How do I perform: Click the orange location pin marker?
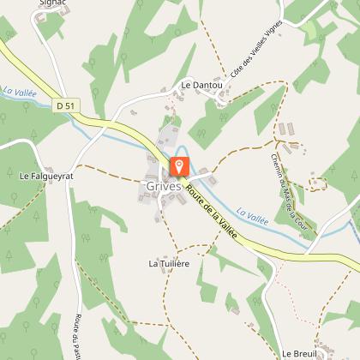pos(180,165)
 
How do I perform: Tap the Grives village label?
pos(163,186)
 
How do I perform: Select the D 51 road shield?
pos(63,105)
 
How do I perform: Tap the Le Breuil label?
pos(300,352)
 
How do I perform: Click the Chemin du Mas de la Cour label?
pos(291,188)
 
